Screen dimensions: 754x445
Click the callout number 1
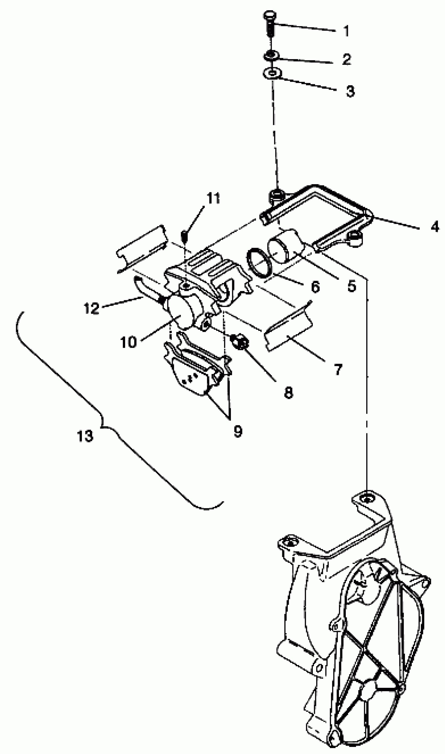tap(346, 31)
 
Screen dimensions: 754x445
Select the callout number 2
tap(346, 59)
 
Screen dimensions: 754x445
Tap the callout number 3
tap(350, 91)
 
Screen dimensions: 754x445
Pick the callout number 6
tap(315, 287)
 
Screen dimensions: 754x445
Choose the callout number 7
tap(338, 369)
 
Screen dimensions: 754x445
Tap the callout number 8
tap(288, 392)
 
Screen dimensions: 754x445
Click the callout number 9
tap(238, 431)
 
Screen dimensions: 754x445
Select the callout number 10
tap(128, 342)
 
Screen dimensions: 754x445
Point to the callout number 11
tap(213, 198)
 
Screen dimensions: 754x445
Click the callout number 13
tap(85, 436)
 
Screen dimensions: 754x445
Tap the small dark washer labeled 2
tap(271, 55)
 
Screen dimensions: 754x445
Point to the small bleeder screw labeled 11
tap(185, 236)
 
